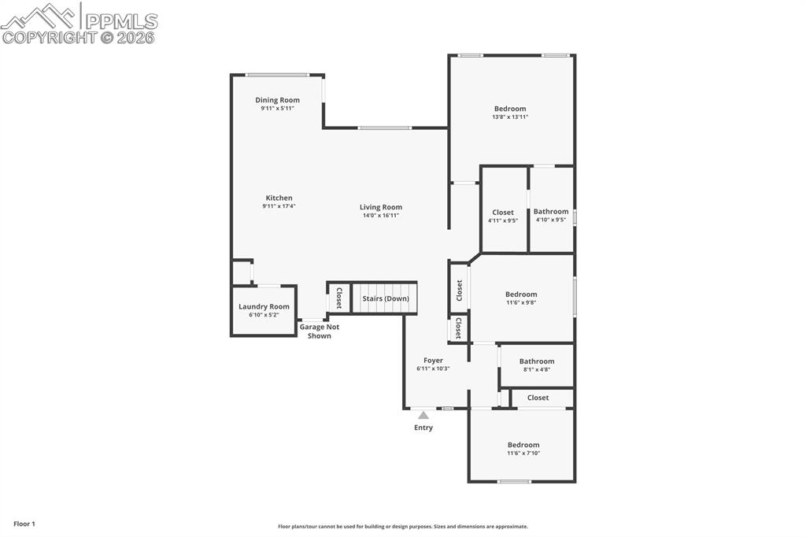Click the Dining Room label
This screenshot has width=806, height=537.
tap(277, 100)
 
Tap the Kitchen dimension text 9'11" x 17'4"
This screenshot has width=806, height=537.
tap(279, 206)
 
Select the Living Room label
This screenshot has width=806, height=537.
tap(381, 207)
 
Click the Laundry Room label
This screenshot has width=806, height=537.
tap(264, 306)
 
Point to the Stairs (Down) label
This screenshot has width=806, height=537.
tap(385, 298)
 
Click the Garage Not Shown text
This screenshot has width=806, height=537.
tap(319, 331)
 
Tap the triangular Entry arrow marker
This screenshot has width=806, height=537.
tap(423, 415)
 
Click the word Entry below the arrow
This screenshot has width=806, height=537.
tap(423, 428)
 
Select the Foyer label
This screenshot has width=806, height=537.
tap(433, 361)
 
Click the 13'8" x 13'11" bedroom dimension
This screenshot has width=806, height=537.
tap(510, 117)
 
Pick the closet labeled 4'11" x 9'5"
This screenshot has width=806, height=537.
tap(503, 216)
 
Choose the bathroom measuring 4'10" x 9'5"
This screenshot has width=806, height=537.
tap(551, 215)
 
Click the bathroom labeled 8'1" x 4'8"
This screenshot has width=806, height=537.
tap(537, 365)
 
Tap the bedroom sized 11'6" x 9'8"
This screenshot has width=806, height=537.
tap(521, 298)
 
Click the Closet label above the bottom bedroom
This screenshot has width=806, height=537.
tap(538, 398)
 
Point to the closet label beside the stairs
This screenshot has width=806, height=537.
tap(339, 298)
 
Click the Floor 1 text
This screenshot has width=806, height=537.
tap(24, 524)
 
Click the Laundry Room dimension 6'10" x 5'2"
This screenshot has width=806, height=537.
tap(264, 315)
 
